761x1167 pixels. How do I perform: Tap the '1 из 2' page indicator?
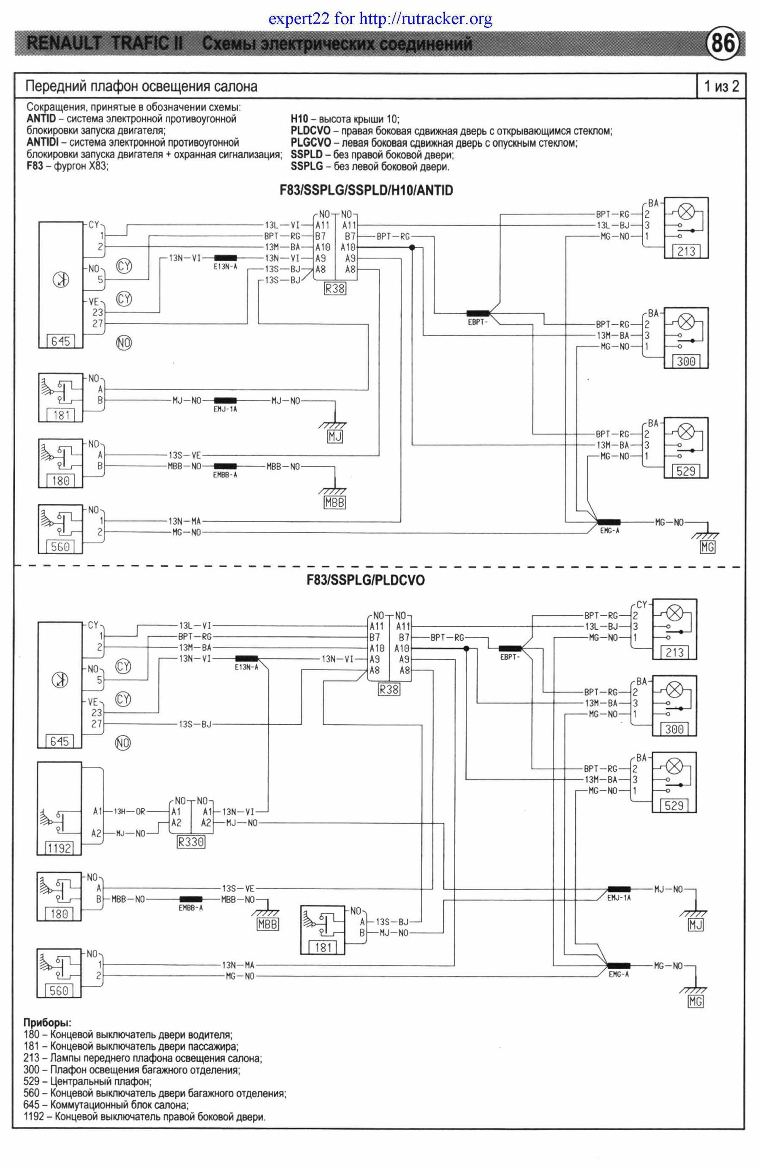721,86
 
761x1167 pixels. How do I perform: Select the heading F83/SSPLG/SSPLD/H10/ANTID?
366,191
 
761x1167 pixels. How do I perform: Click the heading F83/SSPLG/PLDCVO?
366,581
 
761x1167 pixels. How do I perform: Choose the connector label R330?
190,842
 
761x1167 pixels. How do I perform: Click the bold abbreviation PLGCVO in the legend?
310,143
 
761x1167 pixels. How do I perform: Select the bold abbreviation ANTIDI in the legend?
46,143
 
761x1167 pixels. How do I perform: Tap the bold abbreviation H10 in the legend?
300,119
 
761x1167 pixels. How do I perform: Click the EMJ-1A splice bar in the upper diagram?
225,401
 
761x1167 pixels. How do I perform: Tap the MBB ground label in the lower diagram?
267,925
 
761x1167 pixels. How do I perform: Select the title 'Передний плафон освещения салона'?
141,87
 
